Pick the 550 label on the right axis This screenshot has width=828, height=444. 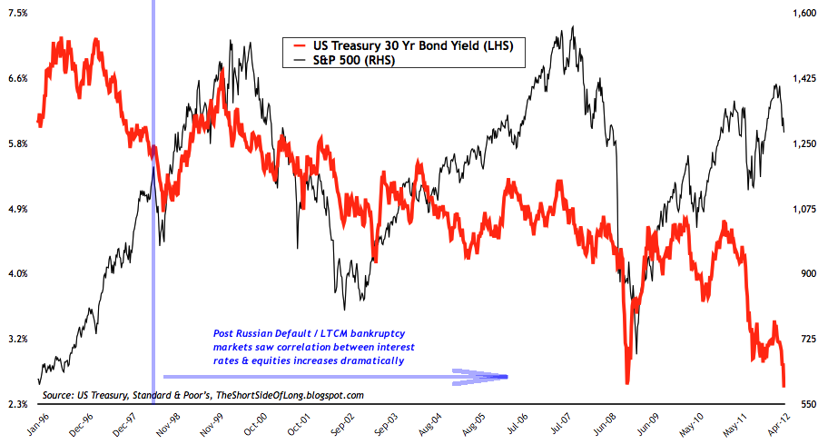pyautogui.click(x=805, y=404)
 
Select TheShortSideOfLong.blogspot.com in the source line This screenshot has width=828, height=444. pyautogui.click(x=293, y=395)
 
